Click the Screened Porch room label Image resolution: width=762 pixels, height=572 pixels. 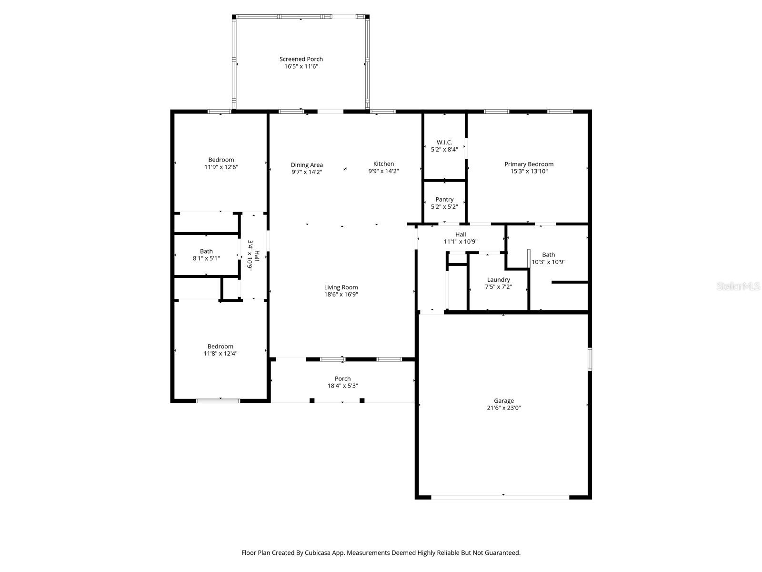click(301, 59)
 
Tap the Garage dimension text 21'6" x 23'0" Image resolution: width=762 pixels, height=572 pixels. click(503, 408)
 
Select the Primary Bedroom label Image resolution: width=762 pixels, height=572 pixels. click(529, 164)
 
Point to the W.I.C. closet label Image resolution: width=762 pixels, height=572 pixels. click(444, 142)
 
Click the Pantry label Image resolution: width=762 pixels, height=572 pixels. click(444, 199)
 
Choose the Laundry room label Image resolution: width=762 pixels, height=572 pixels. click(498, 280)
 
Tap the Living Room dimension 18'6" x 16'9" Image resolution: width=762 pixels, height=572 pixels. click(341, 295)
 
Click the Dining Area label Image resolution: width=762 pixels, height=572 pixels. click(307, 165)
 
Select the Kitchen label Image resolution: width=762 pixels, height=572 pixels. click(383, 164)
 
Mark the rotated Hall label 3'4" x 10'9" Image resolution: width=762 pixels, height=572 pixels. click(253, 255)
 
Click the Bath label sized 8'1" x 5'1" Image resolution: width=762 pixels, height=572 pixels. click(206, 251)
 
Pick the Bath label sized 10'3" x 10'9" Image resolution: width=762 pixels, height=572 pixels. click(548, 255)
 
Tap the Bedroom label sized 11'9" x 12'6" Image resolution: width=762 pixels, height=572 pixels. click(221, 160)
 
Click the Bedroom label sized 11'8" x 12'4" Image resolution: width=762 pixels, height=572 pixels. click(220, 347)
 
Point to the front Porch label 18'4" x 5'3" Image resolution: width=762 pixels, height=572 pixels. click(342, 379)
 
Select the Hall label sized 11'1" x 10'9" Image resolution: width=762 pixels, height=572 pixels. click(461, 235)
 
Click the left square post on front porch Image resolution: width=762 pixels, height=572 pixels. click(312, 400)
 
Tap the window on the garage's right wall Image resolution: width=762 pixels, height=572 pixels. click(590, 359)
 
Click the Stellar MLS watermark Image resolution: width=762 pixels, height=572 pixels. click(739, 286)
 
